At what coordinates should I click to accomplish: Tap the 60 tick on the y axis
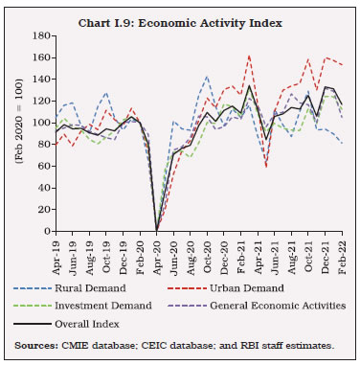[x=41, y=166]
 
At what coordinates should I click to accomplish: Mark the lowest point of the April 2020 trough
[x=156, y=230]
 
